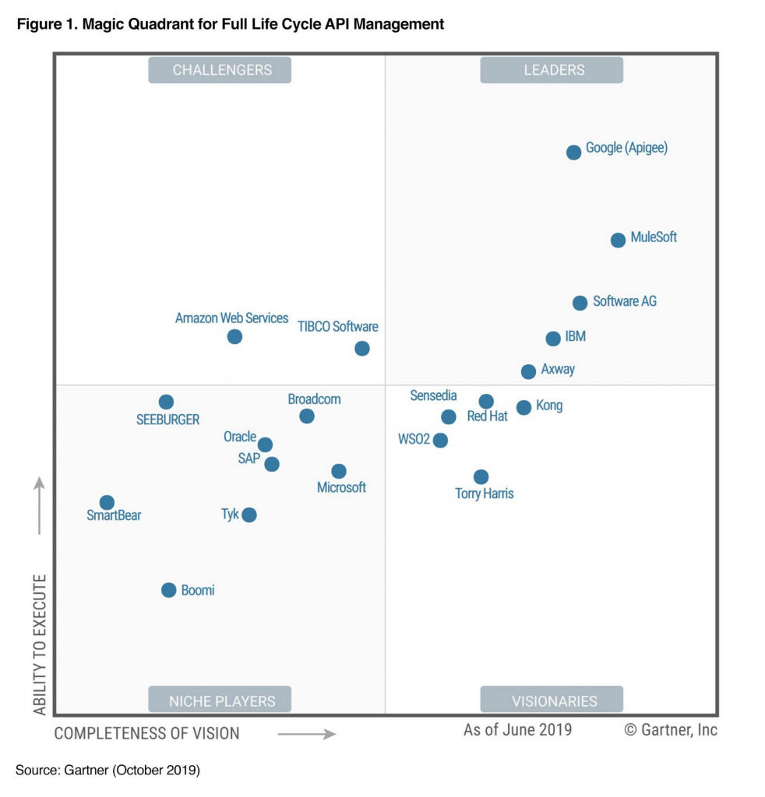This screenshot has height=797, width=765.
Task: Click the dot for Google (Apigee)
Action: tap(573, 152)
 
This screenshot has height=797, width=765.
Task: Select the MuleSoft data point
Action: tap(618, 240)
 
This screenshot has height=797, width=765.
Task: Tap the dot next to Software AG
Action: tap(580, 303)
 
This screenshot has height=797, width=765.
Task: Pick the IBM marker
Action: tap(553, 339)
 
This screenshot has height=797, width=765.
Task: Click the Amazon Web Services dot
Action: tap(234, 336)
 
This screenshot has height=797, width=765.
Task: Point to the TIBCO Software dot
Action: tap(362, 348)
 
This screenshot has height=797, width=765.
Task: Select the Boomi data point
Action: tap(168, 590)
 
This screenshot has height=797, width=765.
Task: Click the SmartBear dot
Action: tap(107, 503)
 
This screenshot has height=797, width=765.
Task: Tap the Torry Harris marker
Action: tap(481, 476)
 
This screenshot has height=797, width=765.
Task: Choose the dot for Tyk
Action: tap(249, 514)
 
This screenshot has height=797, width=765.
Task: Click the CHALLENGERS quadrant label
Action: tap(220, 70)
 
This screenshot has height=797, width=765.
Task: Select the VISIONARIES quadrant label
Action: tap(552, 700)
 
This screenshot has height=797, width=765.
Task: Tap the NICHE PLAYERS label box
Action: tap(220, 700)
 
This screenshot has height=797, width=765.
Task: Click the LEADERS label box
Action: tap(552, 70)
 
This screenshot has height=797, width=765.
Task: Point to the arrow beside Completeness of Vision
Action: tap(306, 733)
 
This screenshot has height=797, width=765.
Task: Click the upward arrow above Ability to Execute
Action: tap(40, 506)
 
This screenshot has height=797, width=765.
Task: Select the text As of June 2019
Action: tap(517, 729)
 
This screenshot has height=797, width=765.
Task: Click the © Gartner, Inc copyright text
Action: tap(671, 729)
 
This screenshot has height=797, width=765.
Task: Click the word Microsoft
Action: tap(341, 487)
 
